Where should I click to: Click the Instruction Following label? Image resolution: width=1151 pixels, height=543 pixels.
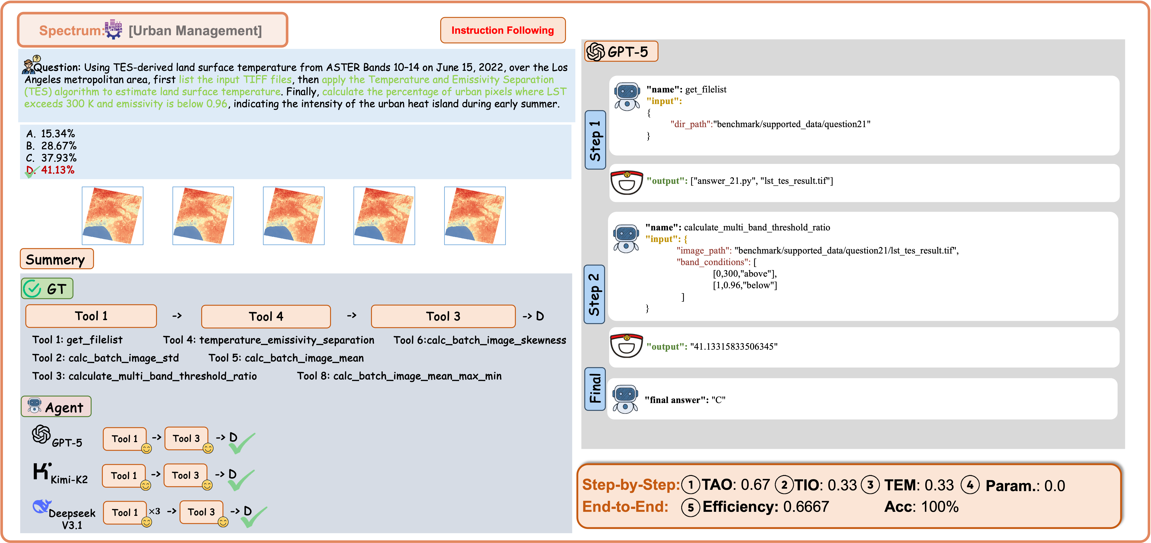pyautogui.click(x=503, y=30)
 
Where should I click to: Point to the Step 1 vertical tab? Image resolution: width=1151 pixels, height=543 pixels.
pyautogui.click(x=595, y=140)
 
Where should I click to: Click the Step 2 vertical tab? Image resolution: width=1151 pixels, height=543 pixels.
pyautogui.click(x=594, y=294)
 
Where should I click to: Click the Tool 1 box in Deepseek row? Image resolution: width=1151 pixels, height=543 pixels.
pyautogui.click(x=125, y=512)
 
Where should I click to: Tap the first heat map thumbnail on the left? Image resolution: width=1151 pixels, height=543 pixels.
pyautogui.click(x=113, y=216)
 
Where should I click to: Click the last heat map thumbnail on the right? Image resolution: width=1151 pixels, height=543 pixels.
pyautogui.click(x=475, y=216)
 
